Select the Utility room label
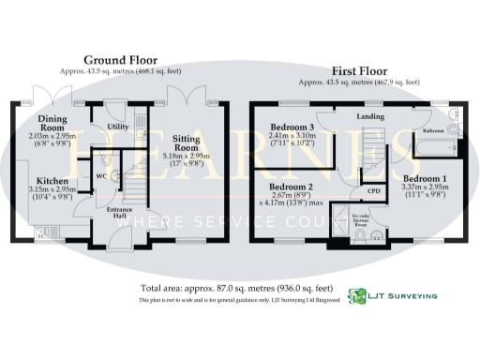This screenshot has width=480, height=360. click(x=117, y=126)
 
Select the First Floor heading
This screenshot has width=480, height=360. click(x=361, y=69)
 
